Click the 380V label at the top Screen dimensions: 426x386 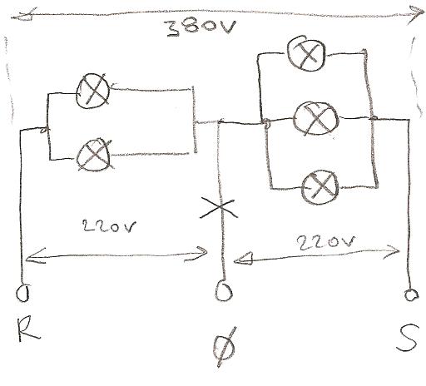(201, 27)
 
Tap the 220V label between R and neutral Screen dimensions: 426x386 (109, 226)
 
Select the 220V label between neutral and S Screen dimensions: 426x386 (326, 243)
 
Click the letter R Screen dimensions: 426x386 (28, 329)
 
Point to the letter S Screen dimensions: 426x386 (408, 337)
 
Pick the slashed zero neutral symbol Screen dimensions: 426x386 (225, 347)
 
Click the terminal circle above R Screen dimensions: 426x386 (22, 293)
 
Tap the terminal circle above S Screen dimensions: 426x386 (411, 294)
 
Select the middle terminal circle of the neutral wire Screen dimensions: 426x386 (224, 290)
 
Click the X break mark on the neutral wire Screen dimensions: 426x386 (220, 207)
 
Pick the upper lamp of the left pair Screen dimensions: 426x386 (93, 91)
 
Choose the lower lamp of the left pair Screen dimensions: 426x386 (94, 155)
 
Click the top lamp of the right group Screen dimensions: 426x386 (306, 53)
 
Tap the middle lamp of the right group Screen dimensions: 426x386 (316, 118)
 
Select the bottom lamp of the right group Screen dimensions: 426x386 (320, 187)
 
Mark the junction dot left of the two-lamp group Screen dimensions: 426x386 (44, 130)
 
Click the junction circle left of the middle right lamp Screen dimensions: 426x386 (266, 122)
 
